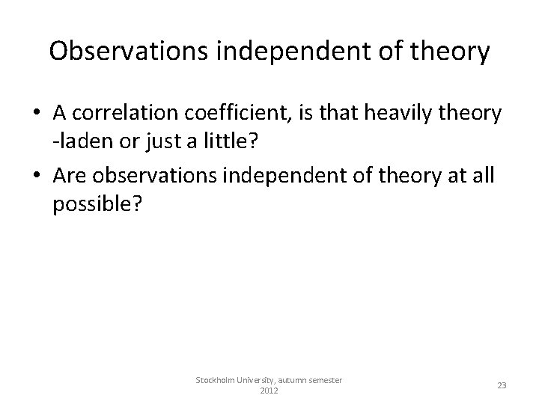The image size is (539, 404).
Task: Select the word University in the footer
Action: click(x=261, y=380)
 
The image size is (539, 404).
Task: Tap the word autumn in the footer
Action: click(x=301, y=380)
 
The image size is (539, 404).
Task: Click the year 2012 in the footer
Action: click(x=268, y=391)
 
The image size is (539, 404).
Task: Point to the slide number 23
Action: click(x=502, y=385)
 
